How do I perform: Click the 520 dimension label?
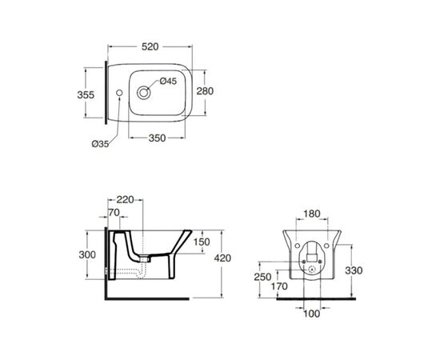coord(150,47)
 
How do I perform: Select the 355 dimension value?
coord(86,95)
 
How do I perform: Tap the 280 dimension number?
coord(205,91)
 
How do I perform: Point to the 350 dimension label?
coord(157,138)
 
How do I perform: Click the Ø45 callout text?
coord(168,82)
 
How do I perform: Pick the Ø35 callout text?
coord(101,144)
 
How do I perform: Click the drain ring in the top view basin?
coord(143,93)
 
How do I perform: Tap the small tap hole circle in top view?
coord(119,93)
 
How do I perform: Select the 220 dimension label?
coord(125,200)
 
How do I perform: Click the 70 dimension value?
coord(114,213)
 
